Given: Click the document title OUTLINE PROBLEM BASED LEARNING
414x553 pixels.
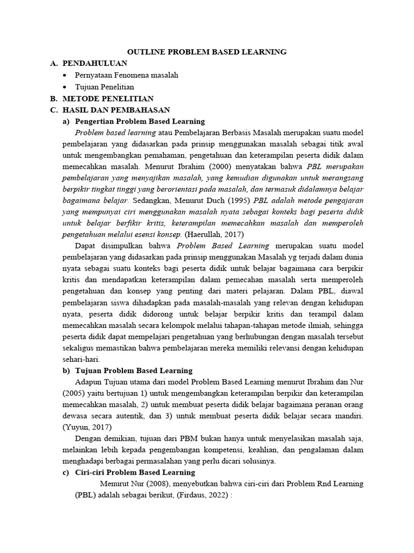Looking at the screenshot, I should [207, 52].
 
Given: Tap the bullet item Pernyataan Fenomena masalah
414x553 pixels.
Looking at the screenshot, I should [127, 75].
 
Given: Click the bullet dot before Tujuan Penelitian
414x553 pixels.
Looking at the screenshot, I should [65, 87].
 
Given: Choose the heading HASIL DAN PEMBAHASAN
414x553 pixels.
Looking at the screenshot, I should [116, 110].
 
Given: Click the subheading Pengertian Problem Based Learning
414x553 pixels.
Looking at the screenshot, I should [140, 122].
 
